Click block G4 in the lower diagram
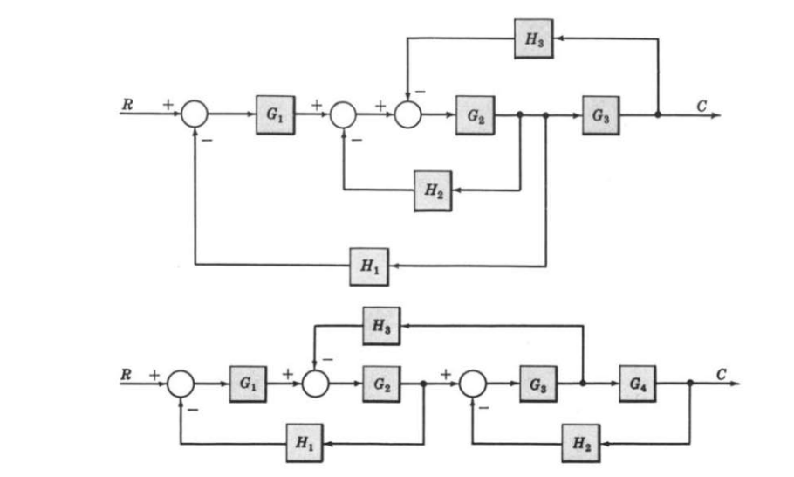638,384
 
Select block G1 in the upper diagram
275,116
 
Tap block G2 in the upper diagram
474,116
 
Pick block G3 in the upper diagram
601,116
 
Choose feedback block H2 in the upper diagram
434,190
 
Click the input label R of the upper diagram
127,103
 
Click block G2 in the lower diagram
380,384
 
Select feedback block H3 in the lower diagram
380,326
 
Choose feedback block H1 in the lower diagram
305,443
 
